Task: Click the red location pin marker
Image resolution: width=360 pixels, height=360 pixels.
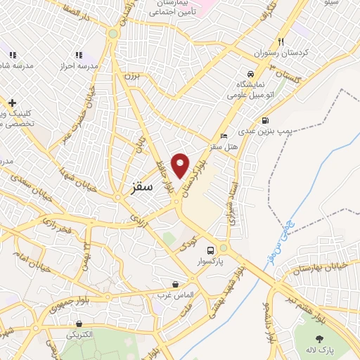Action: point(181,165)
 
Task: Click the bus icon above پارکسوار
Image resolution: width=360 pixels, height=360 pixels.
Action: point(210,251)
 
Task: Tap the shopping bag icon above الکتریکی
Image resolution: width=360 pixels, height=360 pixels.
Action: point(78,324)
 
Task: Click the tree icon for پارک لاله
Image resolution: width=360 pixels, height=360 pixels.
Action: point(330,340)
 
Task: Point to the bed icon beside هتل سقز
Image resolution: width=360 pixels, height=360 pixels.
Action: point(224,136)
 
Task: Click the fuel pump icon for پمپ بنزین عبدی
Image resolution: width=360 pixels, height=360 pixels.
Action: point(264,120)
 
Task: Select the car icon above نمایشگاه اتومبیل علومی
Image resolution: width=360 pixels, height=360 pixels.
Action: point(250,74)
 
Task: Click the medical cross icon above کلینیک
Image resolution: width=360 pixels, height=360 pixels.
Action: point(12,103)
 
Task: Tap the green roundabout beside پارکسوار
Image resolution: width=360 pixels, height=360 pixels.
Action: point(224,248)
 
